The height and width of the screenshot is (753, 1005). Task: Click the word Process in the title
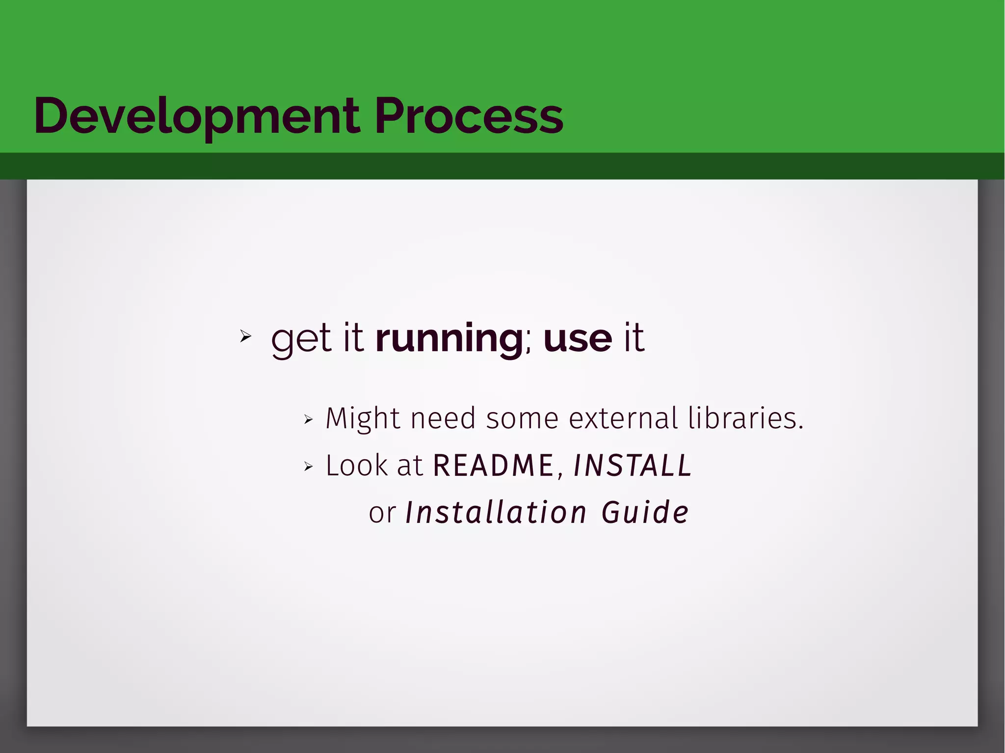[x=469, y=117]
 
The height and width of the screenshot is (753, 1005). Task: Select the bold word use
[x=578, y=338]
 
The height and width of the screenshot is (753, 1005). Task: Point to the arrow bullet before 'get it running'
[x=245, y=337]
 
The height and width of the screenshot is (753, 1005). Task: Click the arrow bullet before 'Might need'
[x=308, y=419]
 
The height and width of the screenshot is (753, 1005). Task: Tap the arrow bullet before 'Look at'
[x=308, y=466]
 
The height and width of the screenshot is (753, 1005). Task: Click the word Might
[x=363, y=419]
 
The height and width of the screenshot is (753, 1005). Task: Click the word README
[x=493, y=466]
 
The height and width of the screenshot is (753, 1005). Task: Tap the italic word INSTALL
[x=633, y=466]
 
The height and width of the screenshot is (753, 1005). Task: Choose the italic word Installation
[x=496, y=513]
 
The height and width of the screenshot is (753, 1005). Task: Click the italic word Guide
[x=645, y=513]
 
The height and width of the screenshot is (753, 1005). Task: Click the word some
[x=522, y=419]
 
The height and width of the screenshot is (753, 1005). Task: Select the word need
[x=443, y=418]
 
